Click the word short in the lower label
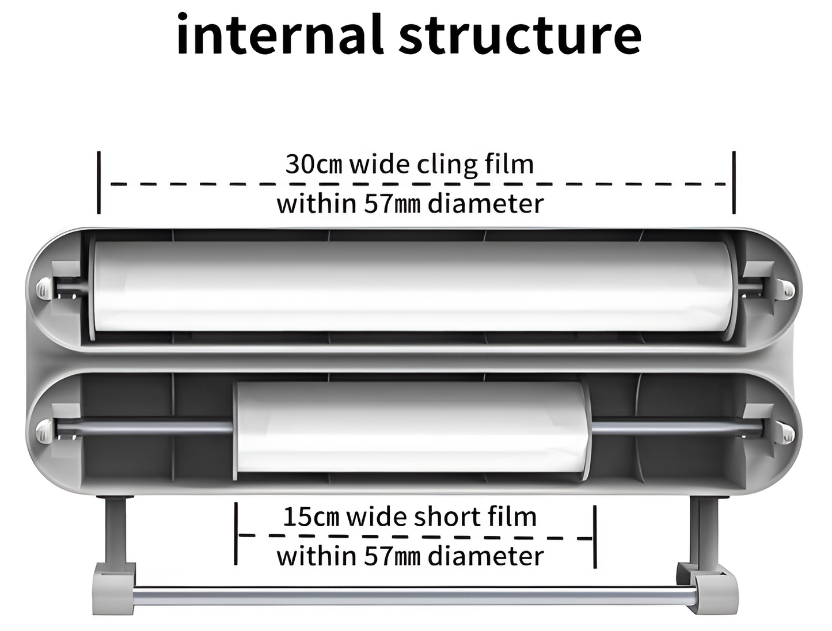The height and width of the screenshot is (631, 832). point(446,516)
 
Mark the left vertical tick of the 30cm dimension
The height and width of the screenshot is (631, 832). point(99,182)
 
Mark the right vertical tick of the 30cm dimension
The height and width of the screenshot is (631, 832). point(734,182)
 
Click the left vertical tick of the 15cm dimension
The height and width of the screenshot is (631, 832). point(236,534)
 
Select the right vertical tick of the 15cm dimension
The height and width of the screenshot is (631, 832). point(595,535)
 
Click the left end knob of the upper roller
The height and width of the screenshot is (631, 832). point(43,288)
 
